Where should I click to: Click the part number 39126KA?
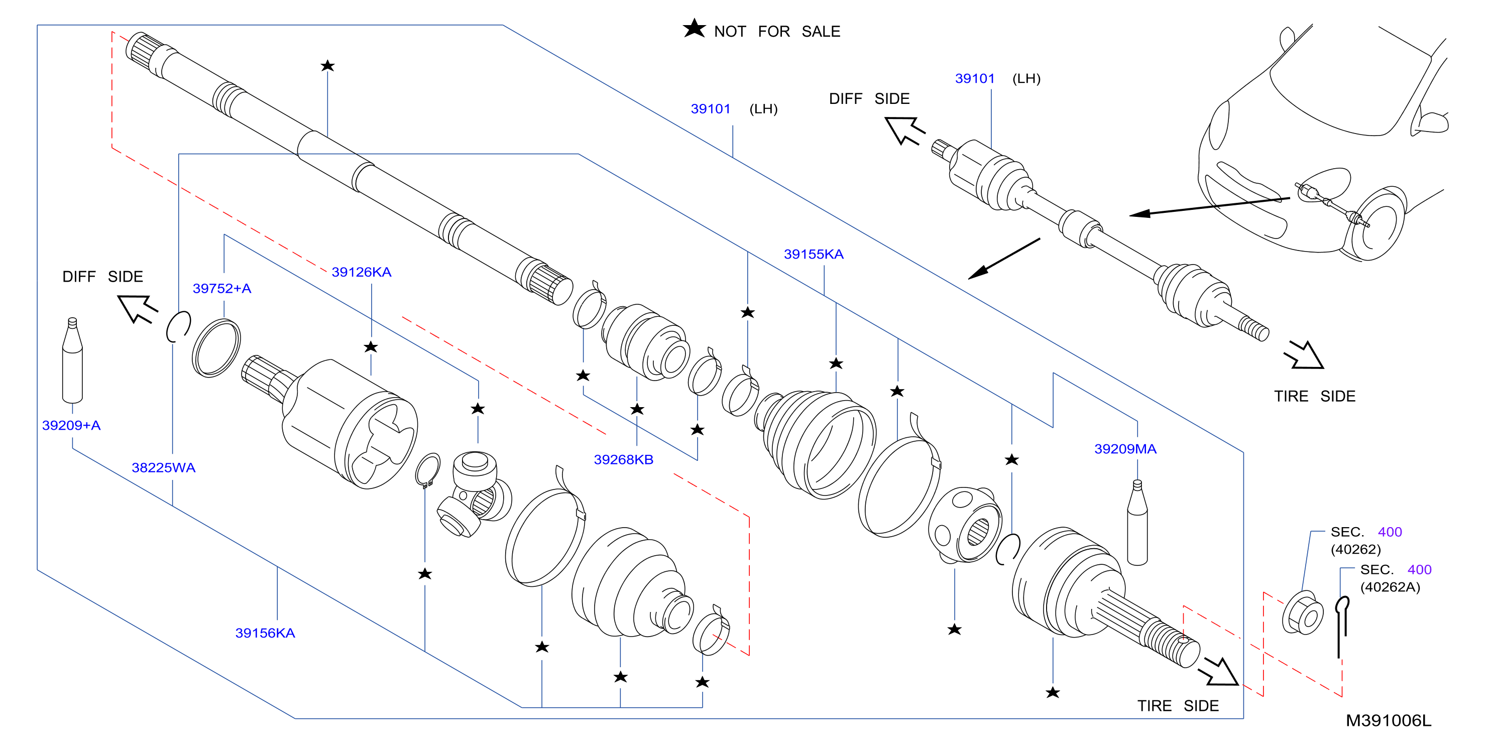tap(361, 272)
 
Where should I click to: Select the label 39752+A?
tap(222, 288)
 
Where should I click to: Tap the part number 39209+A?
tap(71, 425)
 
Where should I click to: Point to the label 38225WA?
tap(164, 467)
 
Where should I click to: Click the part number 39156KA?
tap(265, 633)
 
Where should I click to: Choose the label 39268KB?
tap(624, 459)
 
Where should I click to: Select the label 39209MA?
tap(1125, 449)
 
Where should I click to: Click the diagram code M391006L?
tap(1389, 721)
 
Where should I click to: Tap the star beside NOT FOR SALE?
tap(694, 28)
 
